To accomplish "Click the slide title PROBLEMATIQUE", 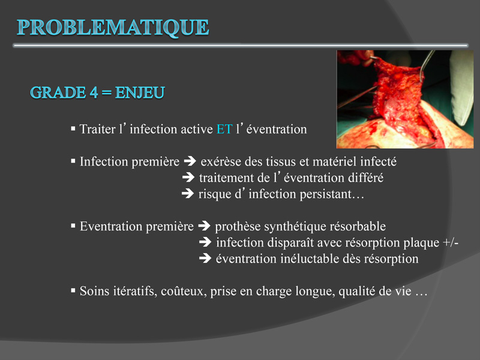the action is coord(113,28).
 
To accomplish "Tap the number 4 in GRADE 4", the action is coord(94,93).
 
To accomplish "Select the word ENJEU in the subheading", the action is coord(140,93).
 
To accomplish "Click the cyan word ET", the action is coord(224,129).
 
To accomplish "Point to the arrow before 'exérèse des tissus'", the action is coord(190,161).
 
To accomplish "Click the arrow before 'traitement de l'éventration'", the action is coord(188,177).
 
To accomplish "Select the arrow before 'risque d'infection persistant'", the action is coord(188,193).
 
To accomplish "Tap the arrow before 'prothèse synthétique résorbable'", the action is coord(204,226).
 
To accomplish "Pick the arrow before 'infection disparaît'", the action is coord(205,242).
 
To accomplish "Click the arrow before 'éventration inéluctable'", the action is coord(205,259).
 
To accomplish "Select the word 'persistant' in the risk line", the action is coord(326,194).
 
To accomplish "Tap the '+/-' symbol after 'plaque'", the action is coord(451,242).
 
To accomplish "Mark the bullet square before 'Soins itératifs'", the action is coord(73,290).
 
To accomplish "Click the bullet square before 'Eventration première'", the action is coord(73,226).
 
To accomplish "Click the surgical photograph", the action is coord(405,99).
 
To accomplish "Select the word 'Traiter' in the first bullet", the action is coord(98,129).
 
